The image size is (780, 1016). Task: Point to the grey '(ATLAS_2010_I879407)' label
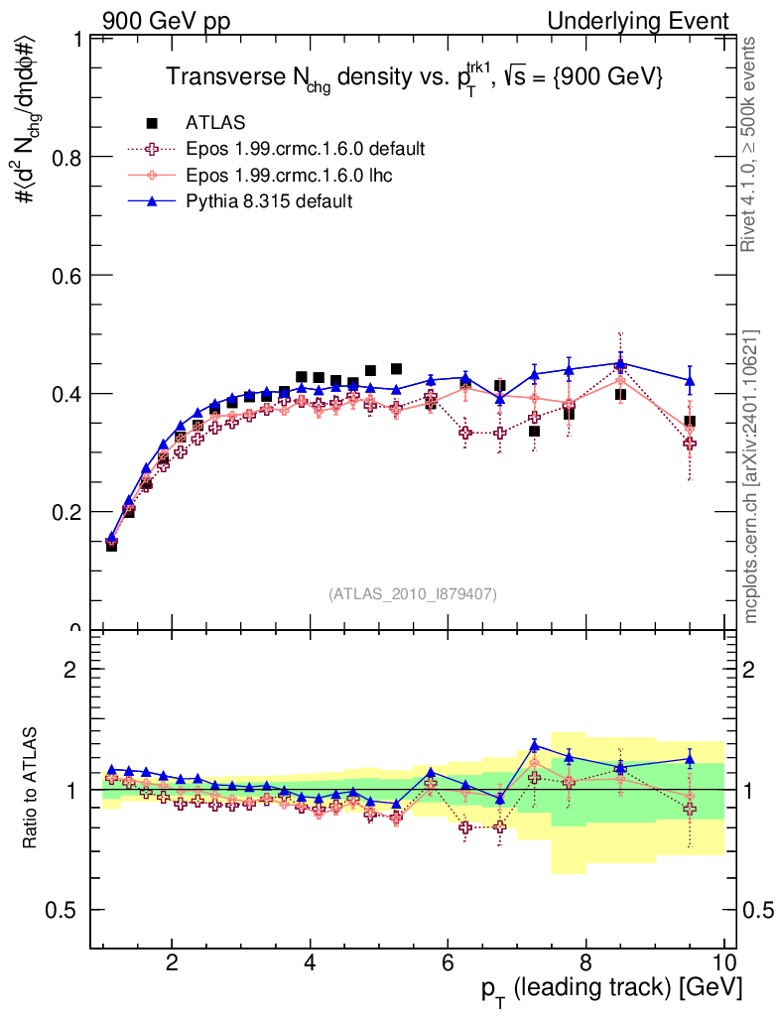(413, 594)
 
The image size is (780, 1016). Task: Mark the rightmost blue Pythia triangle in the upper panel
(690, 380)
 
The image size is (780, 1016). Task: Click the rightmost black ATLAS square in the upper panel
(690, 422)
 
